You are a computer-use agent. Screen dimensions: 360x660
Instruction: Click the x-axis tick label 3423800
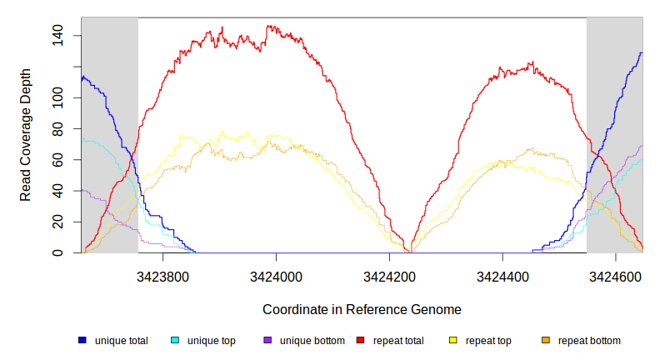[x=162, y=274]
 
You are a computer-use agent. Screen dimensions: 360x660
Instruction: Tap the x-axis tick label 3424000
[x=276, y=274]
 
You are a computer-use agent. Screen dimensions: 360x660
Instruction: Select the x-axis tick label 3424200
[x=389, y=274]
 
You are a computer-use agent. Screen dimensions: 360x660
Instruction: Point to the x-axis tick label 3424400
[x=502, y=274]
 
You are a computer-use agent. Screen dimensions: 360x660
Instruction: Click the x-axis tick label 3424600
[x=615, y=274]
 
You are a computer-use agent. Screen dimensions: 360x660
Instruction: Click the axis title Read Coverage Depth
[x=26, y=135]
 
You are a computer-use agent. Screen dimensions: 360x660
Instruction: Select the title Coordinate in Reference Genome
[x=362, y=309]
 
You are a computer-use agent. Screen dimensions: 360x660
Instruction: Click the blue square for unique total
[x=82, y=341]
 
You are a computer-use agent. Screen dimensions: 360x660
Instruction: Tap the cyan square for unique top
[x=175, y=341]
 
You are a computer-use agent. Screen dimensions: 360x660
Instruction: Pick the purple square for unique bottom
[x=267, y=341]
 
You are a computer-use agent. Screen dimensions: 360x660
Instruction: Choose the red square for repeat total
[x=361, y=341]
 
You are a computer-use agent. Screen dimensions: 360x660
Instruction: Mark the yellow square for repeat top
[x=453, y=341]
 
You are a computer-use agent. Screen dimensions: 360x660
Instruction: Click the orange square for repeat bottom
[x=546, y=341]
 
